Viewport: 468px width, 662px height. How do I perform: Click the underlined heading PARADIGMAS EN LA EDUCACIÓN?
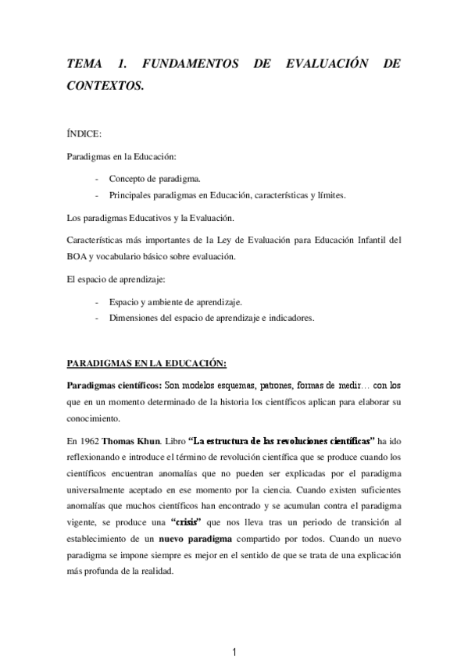click(147, 363)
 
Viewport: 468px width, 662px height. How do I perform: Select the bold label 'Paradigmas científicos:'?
click(114, 386)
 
